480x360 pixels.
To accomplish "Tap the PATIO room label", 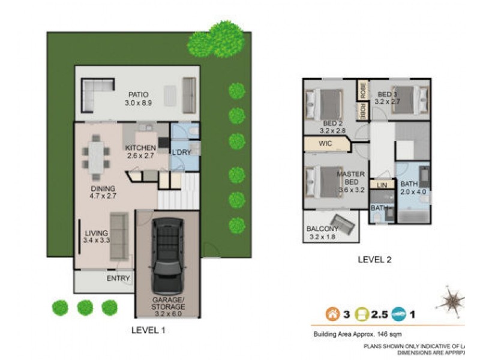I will pos(137,95).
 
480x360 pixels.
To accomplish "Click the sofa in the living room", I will pos(118,236).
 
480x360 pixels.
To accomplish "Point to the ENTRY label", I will pos(118,278).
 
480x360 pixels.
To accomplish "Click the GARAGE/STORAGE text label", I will pos(168,303).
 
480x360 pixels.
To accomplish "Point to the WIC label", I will pos(326,144).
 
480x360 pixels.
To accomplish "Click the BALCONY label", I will pos(322,229).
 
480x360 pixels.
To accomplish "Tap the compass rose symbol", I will pos(450,300).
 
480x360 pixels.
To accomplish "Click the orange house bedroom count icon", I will pos(331,313).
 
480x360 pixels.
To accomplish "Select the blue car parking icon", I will pos(398,313).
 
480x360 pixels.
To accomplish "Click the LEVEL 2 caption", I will pos(374,260).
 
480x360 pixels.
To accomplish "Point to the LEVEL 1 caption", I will pos(148,330).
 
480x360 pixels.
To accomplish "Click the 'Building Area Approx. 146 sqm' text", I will pos(357,334).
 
